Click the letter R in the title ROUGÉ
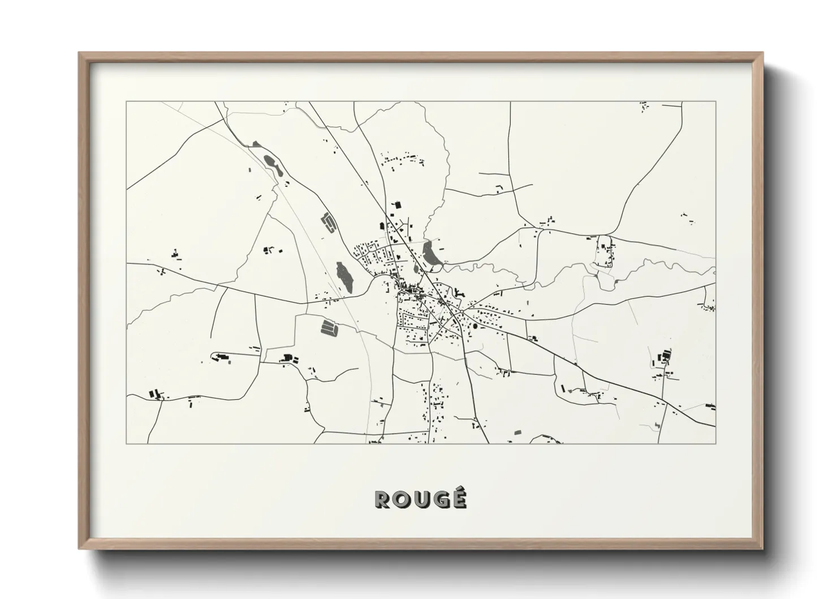point(382,499)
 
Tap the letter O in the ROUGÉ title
point(401,499)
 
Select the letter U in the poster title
point(421,499)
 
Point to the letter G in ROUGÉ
point(440,499)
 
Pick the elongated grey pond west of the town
point(343,277)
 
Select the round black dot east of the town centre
point(475,327)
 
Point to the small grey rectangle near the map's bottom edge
point(517,433)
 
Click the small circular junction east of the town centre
point(462,311)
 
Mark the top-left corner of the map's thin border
point(127,102)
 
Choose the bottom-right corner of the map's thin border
point(715,443)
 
